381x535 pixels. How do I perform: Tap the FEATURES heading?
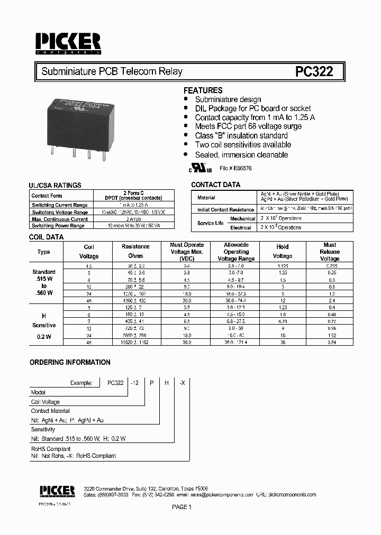tap(203, 90)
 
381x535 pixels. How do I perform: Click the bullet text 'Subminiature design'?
tap(228, 99)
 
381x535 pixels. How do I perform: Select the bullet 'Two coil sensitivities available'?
tap(243, 145)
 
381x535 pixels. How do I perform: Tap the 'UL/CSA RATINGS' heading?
tap(55, 186)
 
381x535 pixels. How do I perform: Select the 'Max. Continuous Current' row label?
tap(60, 219)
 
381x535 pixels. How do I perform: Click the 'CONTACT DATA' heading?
tap(215, 185)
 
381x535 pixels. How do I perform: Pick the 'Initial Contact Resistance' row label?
tap(226, 210)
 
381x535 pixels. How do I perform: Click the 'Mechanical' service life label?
tap(242, 218)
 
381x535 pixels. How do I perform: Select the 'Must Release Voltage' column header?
tap(329, 252)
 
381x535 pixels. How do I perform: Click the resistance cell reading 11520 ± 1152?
tap(135, 343)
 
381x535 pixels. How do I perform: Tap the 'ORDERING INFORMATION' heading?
tap(70, 363)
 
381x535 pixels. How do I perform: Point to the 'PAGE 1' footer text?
tap(181, 507)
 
